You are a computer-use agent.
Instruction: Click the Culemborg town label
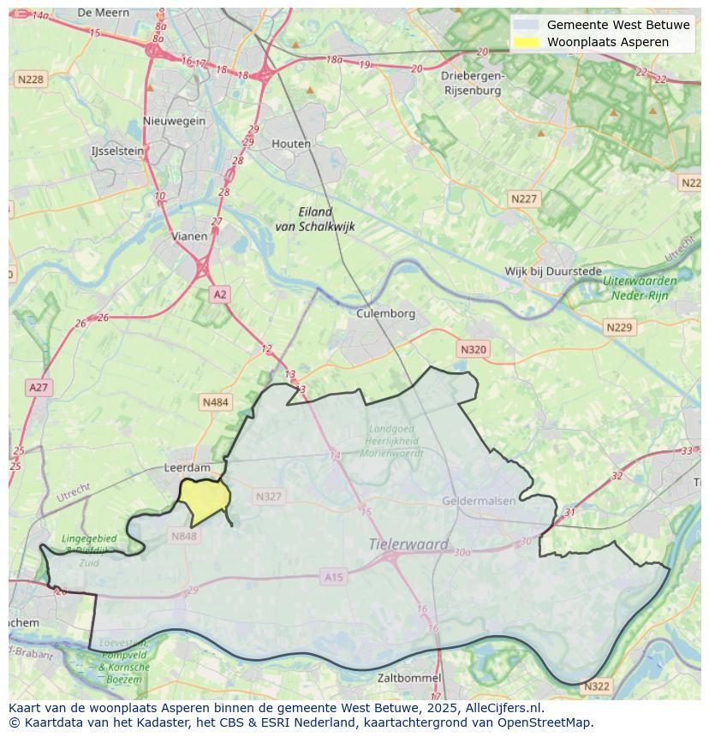[x=385, y=313]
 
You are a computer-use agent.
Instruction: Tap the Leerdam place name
[x=187, y=468]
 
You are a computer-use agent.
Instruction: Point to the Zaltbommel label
[x=409, y=678]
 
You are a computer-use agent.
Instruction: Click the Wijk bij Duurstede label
[x=552, y=271]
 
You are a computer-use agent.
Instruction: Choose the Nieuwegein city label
[x=175, y=121]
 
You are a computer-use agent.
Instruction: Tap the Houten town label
[x=291, y=144]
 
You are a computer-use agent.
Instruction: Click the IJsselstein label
[x=117, y=151]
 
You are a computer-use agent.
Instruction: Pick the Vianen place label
[x=188, y=236]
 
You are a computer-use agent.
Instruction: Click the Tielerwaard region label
[x=408, y=544]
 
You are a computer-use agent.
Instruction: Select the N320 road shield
[x=473, y=349]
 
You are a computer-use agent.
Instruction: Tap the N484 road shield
[x=216, y=401]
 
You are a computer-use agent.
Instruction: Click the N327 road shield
[x=268, y=496]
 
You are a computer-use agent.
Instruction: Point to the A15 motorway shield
[x=333, y=578]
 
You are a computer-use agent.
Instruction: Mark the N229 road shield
[x=618, y=328]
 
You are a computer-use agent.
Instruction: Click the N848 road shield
[x=183, y=536]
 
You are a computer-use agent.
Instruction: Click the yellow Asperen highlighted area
[x=204, y=501]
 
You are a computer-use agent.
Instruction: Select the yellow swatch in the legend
[x=526, y=42]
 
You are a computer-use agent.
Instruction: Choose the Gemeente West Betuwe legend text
[x=618, y=25]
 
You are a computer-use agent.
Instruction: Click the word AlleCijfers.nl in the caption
[x=501, y=708]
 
